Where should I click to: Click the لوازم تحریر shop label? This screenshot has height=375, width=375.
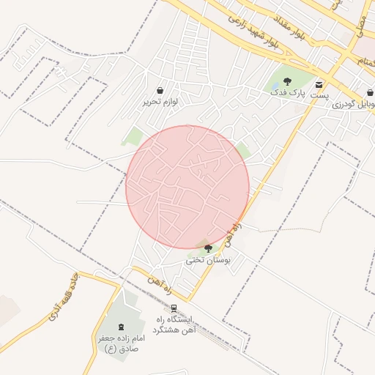tap(160, 102)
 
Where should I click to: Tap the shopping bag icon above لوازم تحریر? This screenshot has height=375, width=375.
tap(160, 90)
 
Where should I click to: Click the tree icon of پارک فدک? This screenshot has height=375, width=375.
tap(286, 81)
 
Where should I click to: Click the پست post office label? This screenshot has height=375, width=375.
tap(319, 96)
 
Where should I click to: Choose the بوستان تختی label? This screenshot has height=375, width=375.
tap(208, 259)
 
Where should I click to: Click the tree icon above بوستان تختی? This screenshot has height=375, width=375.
tap(208, 248)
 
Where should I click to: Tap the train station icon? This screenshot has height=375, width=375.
tap(174, 308)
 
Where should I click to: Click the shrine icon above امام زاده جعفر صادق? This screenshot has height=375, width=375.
tap(121, 325)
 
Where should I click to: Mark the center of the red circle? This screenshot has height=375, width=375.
tap(187, 187)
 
